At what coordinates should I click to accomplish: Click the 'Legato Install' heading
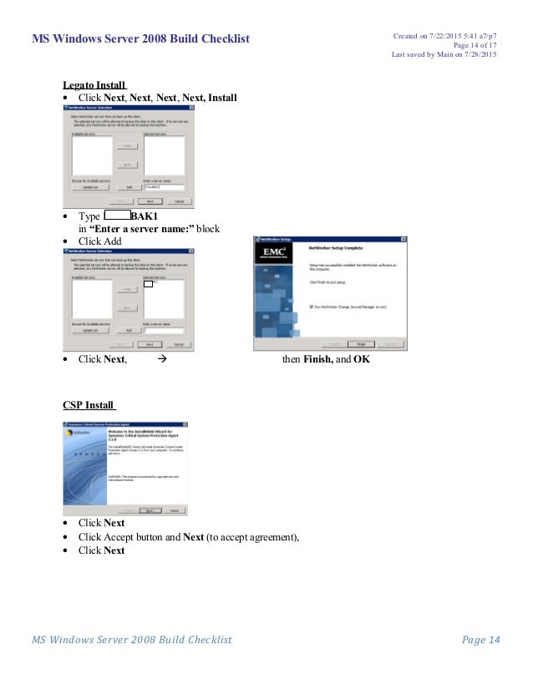pyautogui.click(x=94, y=84)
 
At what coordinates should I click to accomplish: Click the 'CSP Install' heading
pyautogui.click(x=88, y=405)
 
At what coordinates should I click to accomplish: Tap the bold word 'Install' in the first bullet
pyautogui.click(x=222, y=98)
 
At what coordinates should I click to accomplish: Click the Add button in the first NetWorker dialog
pyautogui.click(x=129, y=188)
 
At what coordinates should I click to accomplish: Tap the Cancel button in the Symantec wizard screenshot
pyautogui.click(x=174, y=510)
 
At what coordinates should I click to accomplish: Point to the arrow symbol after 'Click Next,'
pyautogui.click(x=163, y=359)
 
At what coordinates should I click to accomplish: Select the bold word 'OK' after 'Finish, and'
pyautogui.click(x=362, y=359)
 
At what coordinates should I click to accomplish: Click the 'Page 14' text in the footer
pyautogui.click(x=480, y=640)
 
